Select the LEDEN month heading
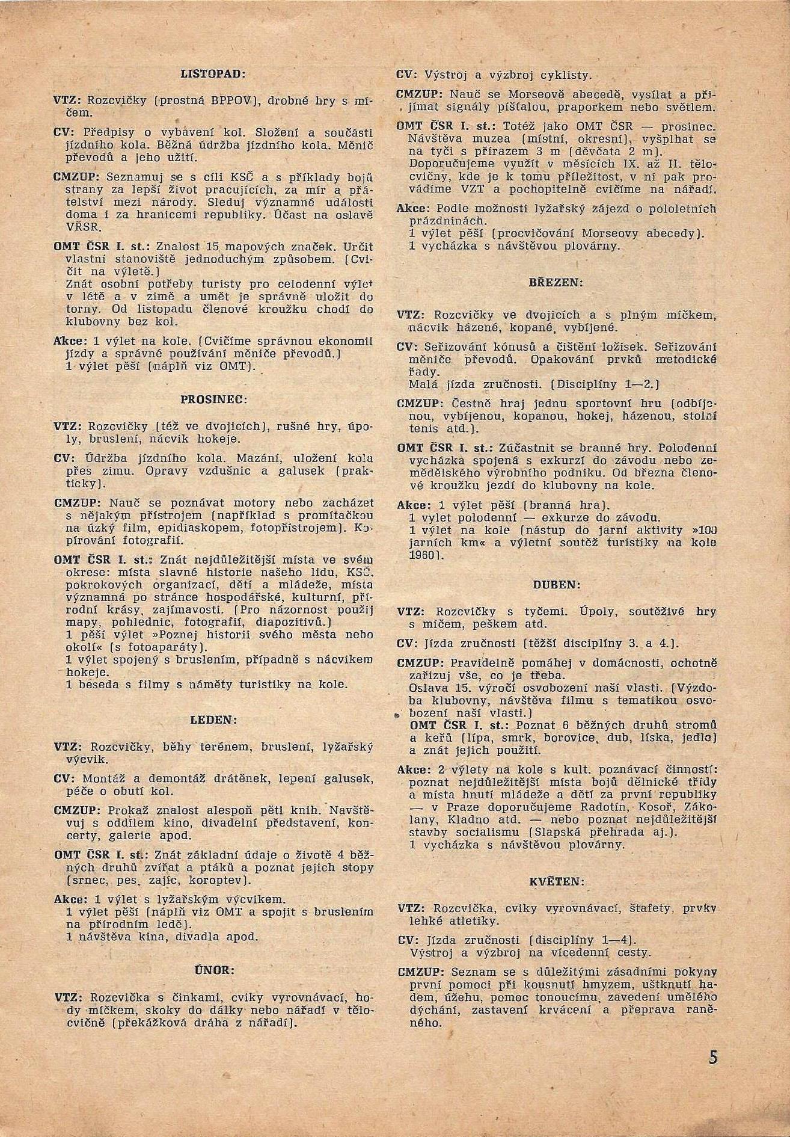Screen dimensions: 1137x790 (x=213, y=719)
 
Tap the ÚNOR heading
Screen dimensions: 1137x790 (x=213, y=970)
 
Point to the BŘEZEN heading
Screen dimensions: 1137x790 (x=556, y=282)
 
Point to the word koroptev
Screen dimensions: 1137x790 (x=213, y=881)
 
